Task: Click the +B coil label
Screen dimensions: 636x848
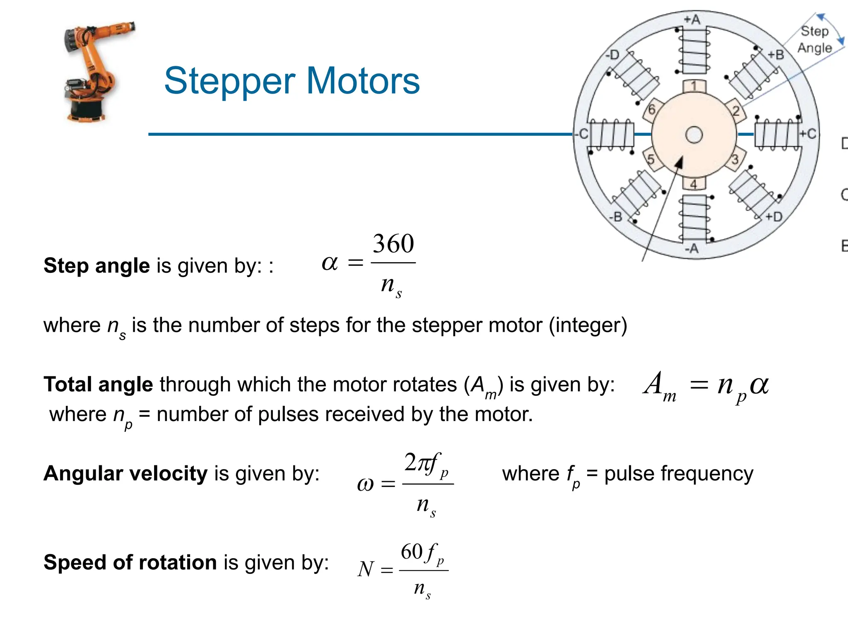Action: [776, 55]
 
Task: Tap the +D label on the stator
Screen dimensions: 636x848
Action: [773, 217]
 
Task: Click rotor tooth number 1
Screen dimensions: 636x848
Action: [694, 86]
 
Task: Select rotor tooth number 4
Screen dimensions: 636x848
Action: [694, 183]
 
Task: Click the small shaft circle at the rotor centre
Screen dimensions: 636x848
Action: [694, 135]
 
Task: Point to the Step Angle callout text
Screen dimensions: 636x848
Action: [814, 39]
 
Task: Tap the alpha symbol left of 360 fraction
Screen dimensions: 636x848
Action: [330, 263]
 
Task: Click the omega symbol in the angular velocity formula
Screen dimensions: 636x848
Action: [365, 484]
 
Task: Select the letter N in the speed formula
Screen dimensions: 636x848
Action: [366, 569]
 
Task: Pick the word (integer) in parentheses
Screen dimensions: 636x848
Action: [588, 325]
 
